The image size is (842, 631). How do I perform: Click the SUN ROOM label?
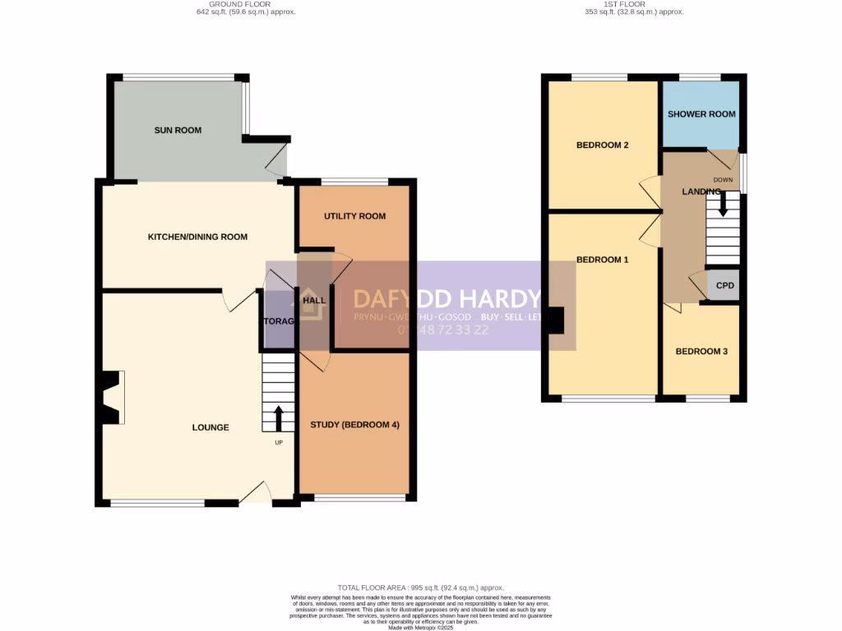click(x=178, y=131)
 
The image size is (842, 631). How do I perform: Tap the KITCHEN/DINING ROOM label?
click(x=197, y=237)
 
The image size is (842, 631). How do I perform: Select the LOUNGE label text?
click(x=210, y=427)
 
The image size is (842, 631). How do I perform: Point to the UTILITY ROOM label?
click(x=354, y=217)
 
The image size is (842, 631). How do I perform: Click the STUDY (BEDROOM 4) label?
click(x=354, y=425)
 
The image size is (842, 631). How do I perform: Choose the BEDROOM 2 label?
click(x=602, y=145)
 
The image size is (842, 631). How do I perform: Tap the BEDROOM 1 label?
click(x=602, y=260)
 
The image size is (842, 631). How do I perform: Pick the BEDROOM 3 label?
click(x=701, y=352)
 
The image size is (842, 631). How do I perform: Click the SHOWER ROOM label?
click(x=701, y=114)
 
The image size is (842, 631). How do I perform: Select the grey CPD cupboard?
click(x=724, y=286)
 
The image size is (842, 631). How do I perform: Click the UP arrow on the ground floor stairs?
click(x=278, y=417)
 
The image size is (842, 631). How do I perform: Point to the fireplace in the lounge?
click(x=110, y=398)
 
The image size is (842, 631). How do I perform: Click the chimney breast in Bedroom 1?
click(x=556, y=320)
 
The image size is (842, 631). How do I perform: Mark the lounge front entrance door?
click(x=257, y=493)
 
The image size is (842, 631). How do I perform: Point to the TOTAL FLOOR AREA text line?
click(x=421, y=588)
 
